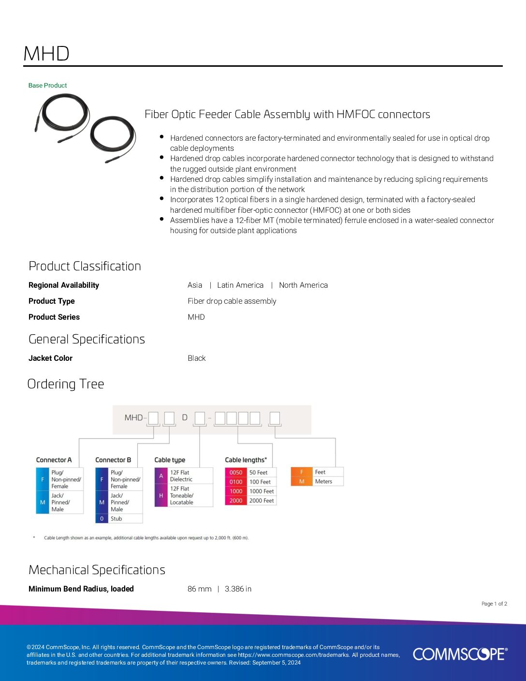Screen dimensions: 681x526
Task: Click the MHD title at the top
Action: coord(46,54)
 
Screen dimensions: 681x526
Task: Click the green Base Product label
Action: coord(47,86)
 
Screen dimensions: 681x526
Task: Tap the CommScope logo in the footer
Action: coord(460,654)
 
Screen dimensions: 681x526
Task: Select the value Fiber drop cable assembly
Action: coord(232,301)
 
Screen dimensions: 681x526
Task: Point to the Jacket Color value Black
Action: coord(196,358)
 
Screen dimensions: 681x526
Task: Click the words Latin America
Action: coord(240,285)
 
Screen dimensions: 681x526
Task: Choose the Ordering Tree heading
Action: coord(66,384)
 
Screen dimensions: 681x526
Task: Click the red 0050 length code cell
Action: coord(236,473)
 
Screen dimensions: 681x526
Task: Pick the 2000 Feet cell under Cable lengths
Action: coord(262,501)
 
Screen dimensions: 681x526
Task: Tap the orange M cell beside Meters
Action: coord(302,481)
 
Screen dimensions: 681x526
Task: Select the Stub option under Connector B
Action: coord(117,518)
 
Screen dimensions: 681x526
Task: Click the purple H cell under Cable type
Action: coord(161,496)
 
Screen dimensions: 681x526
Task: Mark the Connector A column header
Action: coord(54,460)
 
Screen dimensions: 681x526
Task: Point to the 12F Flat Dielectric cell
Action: coord(181,476)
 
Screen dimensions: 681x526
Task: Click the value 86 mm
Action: coord(199,589)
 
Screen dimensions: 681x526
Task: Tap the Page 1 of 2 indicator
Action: coord(494,604)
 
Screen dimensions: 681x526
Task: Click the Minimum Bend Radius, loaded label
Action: coord(81,589)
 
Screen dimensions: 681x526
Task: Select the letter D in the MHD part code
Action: coord(184,417)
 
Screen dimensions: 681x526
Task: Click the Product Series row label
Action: coord(54,317)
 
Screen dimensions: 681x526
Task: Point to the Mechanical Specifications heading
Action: coord(97,570)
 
